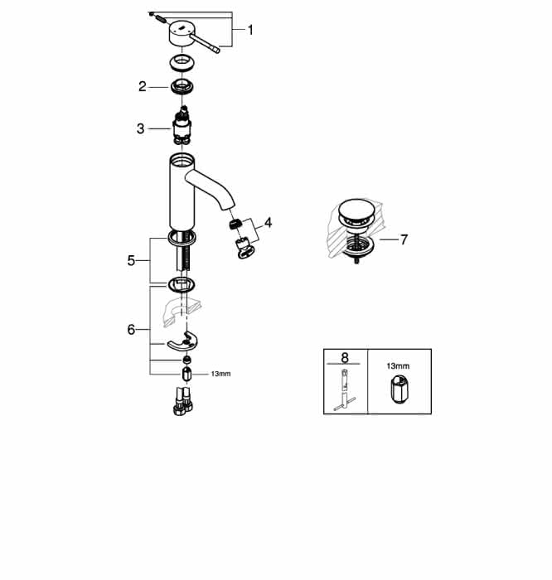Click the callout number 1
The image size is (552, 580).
coord(250,30)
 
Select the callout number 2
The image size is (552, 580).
coord(143,86)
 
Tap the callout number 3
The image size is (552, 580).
coord(140,128)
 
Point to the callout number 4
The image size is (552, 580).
coord(269,223)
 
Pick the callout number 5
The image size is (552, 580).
coord(131,260)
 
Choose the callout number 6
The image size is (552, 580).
coord(131,329)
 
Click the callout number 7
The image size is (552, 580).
coord(404,239)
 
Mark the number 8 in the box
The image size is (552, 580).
coord(345,358)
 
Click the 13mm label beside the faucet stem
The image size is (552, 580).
coord(220,374)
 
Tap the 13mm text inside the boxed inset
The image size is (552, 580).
coord(398,366)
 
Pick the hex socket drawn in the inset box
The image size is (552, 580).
coord(399,389)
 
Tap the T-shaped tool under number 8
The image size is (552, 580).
coord(345,389)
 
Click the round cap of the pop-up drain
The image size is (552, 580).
coord(356,210)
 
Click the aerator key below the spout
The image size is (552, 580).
coord(245,249)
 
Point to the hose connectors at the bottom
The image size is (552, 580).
coord(183,400)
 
